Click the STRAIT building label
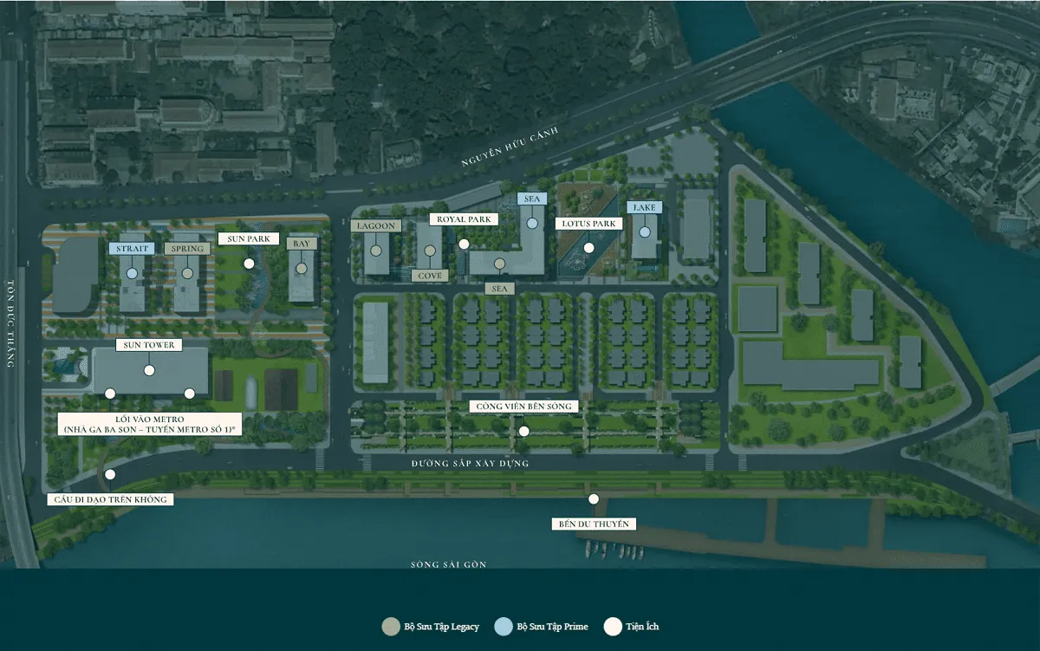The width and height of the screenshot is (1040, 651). (132, 249)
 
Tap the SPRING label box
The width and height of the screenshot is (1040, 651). (187, 249)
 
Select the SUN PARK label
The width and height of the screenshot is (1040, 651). (249, 238)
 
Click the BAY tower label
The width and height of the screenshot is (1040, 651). (302, 244)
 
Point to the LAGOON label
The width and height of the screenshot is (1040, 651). (376, 226)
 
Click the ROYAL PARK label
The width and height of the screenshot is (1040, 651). (464, 219)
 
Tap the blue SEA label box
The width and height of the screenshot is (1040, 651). (532, 199)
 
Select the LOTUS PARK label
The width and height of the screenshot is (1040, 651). (588, 224)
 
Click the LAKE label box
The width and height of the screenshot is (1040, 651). (645, 208)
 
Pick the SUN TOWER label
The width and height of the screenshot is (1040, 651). (149, 345)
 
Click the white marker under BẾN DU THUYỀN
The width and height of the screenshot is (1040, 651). (594, 498)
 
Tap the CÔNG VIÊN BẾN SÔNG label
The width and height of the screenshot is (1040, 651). (523, 407)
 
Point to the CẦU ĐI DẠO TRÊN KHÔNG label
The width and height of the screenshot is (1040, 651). (110, 499)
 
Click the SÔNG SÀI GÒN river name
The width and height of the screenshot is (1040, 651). (448, 565)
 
